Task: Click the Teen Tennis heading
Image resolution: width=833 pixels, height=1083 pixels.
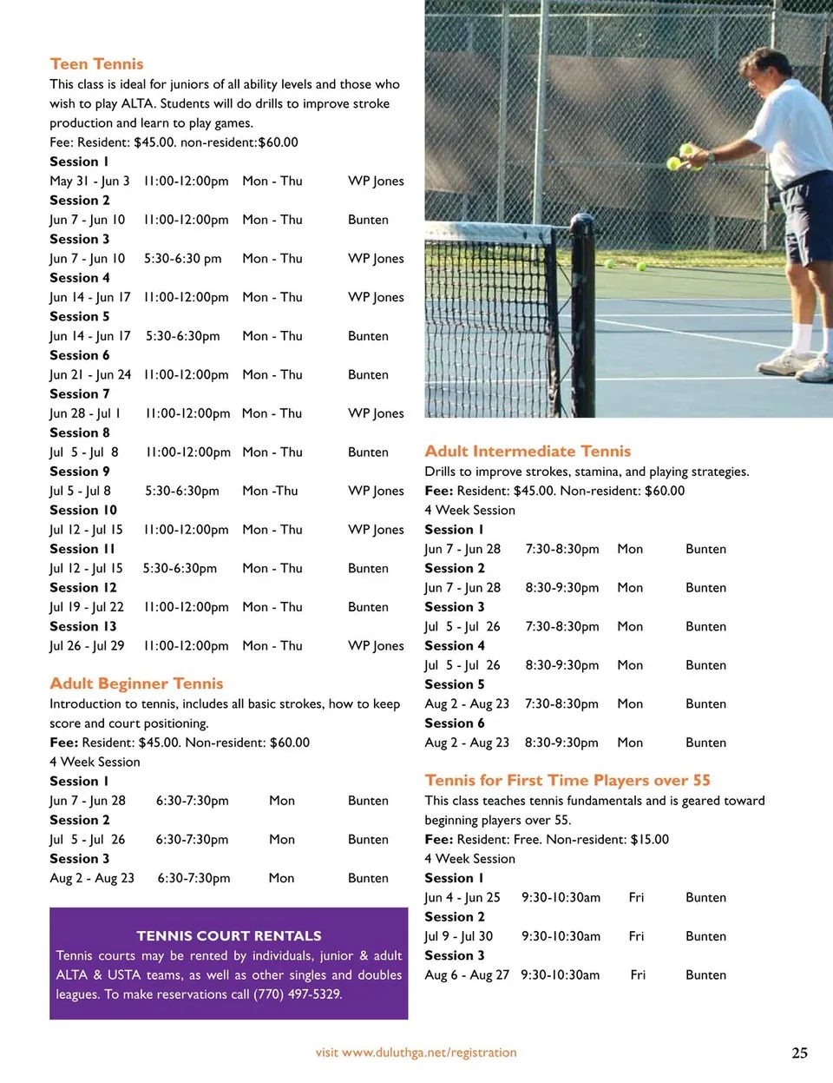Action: point(96,63)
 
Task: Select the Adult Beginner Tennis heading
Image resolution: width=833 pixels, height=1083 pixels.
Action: point(136,683)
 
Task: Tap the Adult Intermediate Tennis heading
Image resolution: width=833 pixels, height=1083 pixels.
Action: point(528,451)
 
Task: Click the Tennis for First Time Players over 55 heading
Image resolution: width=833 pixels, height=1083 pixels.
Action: point(567,780)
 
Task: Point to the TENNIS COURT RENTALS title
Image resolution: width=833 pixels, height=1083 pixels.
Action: point(229,935)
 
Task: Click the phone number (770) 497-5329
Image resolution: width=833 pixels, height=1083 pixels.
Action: point(298,994)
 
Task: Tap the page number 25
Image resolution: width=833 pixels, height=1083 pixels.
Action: point(799,1053)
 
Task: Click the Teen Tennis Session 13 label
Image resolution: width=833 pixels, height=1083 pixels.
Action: point(83,626)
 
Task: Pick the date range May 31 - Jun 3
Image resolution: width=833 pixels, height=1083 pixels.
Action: point(89,181)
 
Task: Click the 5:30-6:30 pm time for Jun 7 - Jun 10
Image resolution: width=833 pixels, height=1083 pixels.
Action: point(182,258)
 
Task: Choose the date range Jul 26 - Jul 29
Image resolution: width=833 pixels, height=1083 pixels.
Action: point(87,645)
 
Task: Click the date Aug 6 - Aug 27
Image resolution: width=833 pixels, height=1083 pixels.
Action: point(467,974)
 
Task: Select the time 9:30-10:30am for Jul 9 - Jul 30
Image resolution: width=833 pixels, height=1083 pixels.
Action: point(561,936)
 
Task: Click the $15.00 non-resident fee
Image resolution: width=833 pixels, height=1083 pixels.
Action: point(650,839)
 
